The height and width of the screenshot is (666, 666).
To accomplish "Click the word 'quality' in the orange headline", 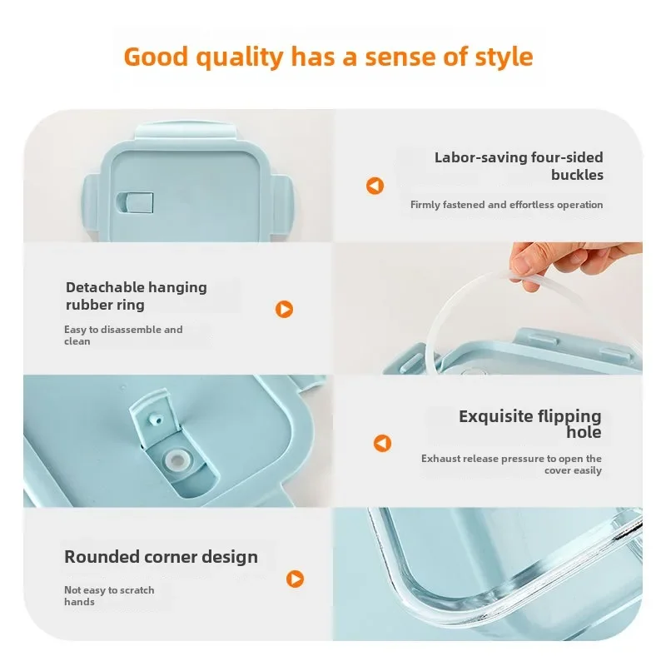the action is pyautogui.click(x=240, y=57).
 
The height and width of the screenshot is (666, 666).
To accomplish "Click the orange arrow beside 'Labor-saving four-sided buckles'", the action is pyautogui.click(x=375, y=186).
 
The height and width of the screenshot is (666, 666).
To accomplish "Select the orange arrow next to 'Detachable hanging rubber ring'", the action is pyautogui.click(x=284, y=309).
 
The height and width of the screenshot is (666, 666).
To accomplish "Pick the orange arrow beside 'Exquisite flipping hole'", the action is pyautogui.click(x=382, y=443).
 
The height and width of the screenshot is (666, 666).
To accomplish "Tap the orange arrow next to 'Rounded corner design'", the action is pyautogui.click(x=296, y=579).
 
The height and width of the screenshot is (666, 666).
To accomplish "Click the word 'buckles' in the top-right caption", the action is pyautogui.click(x=577, y=175).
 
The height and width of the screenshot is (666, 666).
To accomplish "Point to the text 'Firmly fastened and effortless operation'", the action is pyautogui.click(x=506, y=205).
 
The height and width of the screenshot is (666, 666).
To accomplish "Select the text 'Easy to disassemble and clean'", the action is pyautogui.click(x=123, y=335).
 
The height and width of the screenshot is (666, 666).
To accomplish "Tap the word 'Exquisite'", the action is pyautogui.click(x=495, y=416).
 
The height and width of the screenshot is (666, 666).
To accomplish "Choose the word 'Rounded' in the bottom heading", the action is pyautogui.click(x=102, y=557).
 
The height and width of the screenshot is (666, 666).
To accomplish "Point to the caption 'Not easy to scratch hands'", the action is pyautogui.click(x=109, y=596).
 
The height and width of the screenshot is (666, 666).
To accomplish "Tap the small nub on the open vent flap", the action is pyautogui.click(x=157, y=420).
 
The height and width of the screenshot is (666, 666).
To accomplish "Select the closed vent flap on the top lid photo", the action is pyautogui.click(x=135, y=202).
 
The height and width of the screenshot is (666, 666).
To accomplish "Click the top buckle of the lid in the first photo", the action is pyautogui.click(x=186, y=131).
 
